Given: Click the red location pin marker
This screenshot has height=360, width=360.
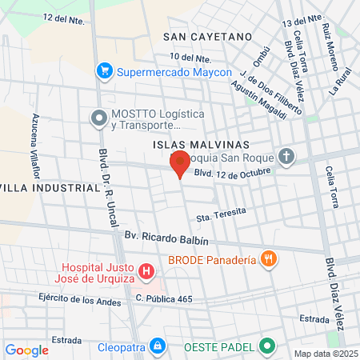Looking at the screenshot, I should pyautogui.click(x=180, y=163).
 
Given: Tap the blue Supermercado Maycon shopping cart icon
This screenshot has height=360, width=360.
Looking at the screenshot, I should pyautogui.click(x=103, y=72).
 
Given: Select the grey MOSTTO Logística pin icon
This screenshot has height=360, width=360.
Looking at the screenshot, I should pyautogui.click(x=98, y=119).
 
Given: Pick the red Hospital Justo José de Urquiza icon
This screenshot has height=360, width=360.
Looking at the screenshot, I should pyautogui.click(x=146, y=272).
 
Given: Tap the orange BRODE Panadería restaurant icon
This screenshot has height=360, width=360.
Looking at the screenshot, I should pyautogui.click(x=269, y=258).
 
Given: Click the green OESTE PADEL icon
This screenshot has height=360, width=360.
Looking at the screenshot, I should pyautogui.click(x=267, y=346).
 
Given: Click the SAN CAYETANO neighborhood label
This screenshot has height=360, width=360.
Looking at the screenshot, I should pyautogui.click(x=207, y=37).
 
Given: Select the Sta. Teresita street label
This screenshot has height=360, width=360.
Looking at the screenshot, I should pyautogui.click(x=218, y=214).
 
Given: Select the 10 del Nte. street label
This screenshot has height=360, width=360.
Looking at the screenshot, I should pyautogui.click(x=190, y=58).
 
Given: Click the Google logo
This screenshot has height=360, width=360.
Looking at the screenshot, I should pyautogui.click(x=26, y=350).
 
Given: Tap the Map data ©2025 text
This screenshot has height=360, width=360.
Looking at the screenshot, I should pyautogui.click(x=324, y=353).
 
